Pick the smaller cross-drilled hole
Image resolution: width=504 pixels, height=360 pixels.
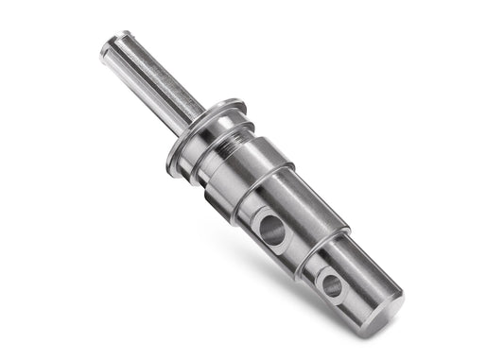click(332, 283)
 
